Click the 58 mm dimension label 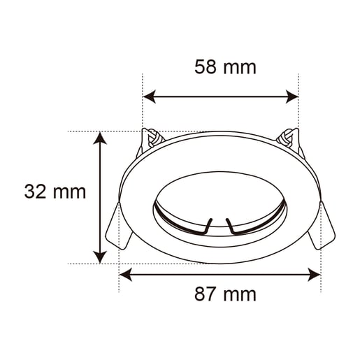224,67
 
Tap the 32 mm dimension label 55,192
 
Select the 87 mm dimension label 224,294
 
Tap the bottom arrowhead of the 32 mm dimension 102,257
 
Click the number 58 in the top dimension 206,67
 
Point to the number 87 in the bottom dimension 206,294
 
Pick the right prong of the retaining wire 229,225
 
